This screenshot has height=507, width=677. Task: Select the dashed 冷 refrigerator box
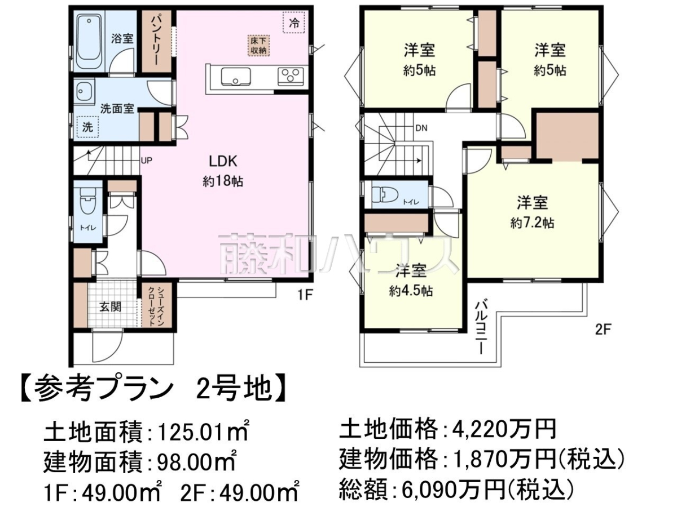click(x=293, y=22)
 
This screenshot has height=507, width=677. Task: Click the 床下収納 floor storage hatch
click(x=258, y=45)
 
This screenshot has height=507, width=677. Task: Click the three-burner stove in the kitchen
click(x=291, y=76)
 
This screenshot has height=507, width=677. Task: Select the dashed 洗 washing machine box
click(x=87, y=127)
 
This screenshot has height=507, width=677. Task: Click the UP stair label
click(x=146, y=161)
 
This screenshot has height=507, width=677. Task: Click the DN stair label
click(x=421, y=128)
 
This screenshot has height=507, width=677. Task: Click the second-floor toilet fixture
click(x=385, y=195)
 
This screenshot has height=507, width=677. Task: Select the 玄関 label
click(x=110, y=306)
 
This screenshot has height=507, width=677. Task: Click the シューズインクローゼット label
click(x=156, y=306)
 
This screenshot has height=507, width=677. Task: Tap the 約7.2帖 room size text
click(x=532, y=223)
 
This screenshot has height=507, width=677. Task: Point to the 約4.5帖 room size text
click(x=411, y=291)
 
